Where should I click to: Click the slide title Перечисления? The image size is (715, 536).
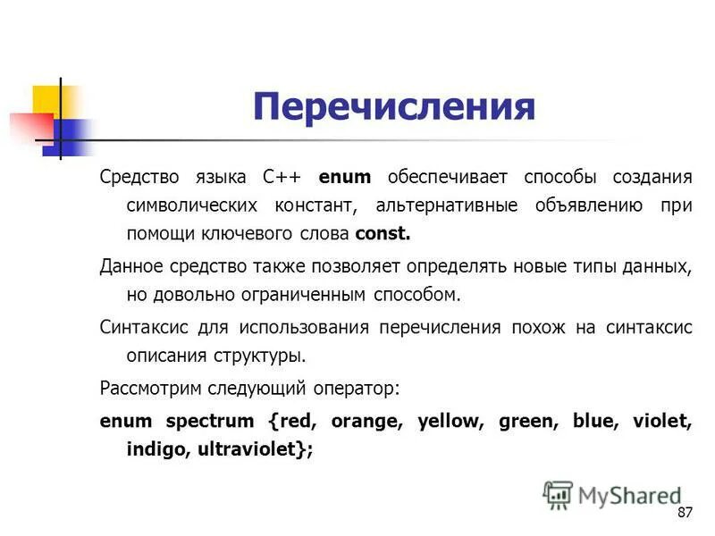coord(393,108)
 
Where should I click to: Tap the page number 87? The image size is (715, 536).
coord(686,513)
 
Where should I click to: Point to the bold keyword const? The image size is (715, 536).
coord(383,234)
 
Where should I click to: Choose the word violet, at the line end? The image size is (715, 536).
coord(662,421)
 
